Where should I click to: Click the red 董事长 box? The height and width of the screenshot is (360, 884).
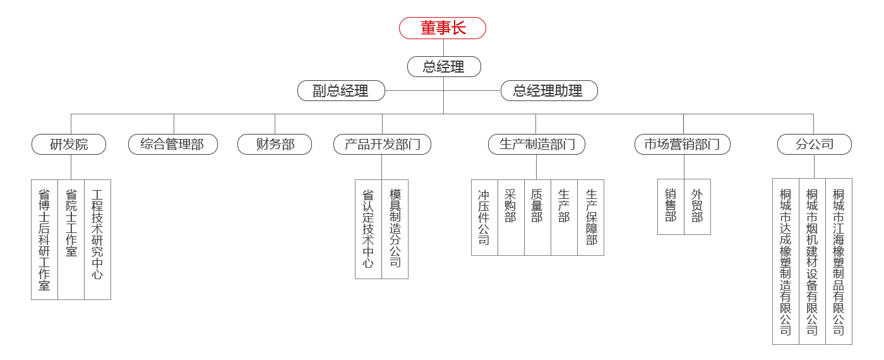point(443,28)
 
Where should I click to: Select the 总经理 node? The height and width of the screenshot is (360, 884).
point(444,67)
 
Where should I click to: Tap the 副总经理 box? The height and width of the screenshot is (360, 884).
point(341,91)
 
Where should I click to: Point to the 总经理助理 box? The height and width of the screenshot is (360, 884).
point(548,91)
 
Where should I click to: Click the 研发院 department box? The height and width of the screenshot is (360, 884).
point(69,145)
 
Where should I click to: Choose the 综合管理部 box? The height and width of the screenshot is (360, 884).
point(172,145)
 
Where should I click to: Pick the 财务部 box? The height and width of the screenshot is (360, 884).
point(275,145)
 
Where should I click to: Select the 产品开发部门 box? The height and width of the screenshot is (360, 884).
point(382,145)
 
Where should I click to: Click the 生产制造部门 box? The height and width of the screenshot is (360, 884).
point(537,145)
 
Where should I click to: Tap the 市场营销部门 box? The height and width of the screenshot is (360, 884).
point(682,145)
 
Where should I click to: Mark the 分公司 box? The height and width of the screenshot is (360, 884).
point(814,145)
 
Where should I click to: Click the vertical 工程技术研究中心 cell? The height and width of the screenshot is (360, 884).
point(97,239)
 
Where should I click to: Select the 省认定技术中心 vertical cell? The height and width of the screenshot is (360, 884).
point(368,229)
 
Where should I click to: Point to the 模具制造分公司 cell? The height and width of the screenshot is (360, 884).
point(395,229)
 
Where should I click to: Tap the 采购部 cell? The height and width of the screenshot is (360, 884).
point(511,217)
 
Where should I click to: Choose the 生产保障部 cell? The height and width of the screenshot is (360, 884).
point(591,217)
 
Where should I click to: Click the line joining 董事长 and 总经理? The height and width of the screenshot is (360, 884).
point(443,48)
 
